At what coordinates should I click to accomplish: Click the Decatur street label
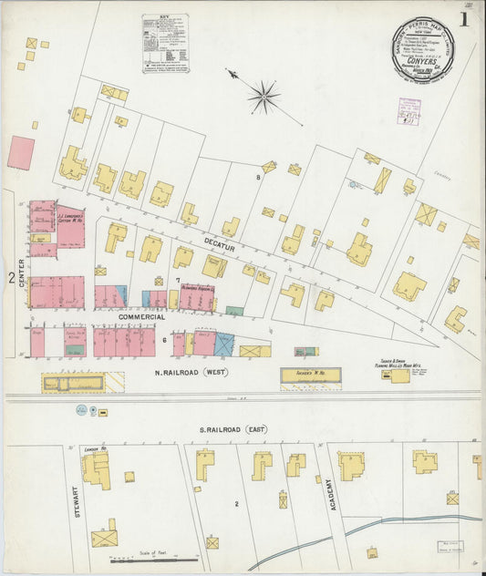coord(219,246)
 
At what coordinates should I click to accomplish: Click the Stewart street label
coord(78,504)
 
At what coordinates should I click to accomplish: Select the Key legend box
coord(165,43)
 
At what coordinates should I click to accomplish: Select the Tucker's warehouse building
coord(310,375)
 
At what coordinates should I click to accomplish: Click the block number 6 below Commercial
coord(164,340)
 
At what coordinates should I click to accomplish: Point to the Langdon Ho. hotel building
coord(95,468)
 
